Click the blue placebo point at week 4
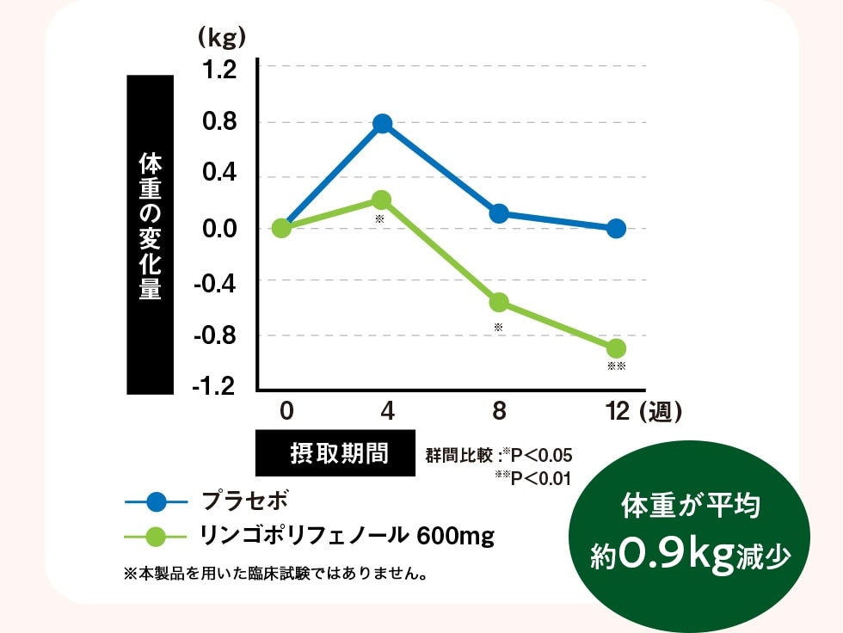pos(383,124)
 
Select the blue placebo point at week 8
pos(499,213)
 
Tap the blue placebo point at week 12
pos(616,228)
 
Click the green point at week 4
pos(382,200)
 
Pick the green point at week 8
pos(499,302)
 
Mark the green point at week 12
pos(616,348)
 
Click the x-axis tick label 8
pos(499,412)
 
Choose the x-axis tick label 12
pos(618,412)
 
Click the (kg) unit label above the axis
pos(221,37)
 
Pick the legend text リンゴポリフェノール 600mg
pos(347,537)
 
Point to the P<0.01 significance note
pos(534,477)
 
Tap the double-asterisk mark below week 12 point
pos(616,366)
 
